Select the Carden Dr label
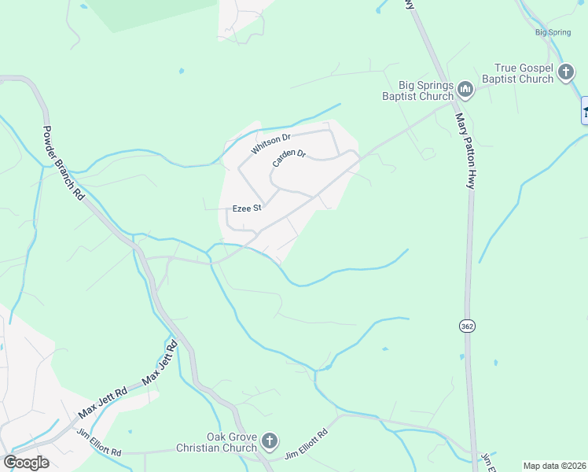click(x=288, y=157)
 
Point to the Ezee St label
click(x=246, y=208)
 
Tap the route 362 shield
click(x=467, y=326)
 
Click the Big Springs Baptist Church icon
click(x=465, y=90)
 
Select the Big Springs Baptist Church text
click(x=416, y=91)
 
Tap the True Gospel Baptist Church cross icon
click(x=565, y=73)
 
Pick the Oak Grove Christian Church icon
click(x=270, y=441)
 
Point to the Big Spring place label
click(x=552, y=33)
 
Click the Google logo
click(x=26, y=462)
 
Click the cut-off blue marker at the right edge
click(x=584, y=110)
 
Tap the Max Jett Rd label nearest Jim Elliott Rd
click(x=102, y=402)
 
